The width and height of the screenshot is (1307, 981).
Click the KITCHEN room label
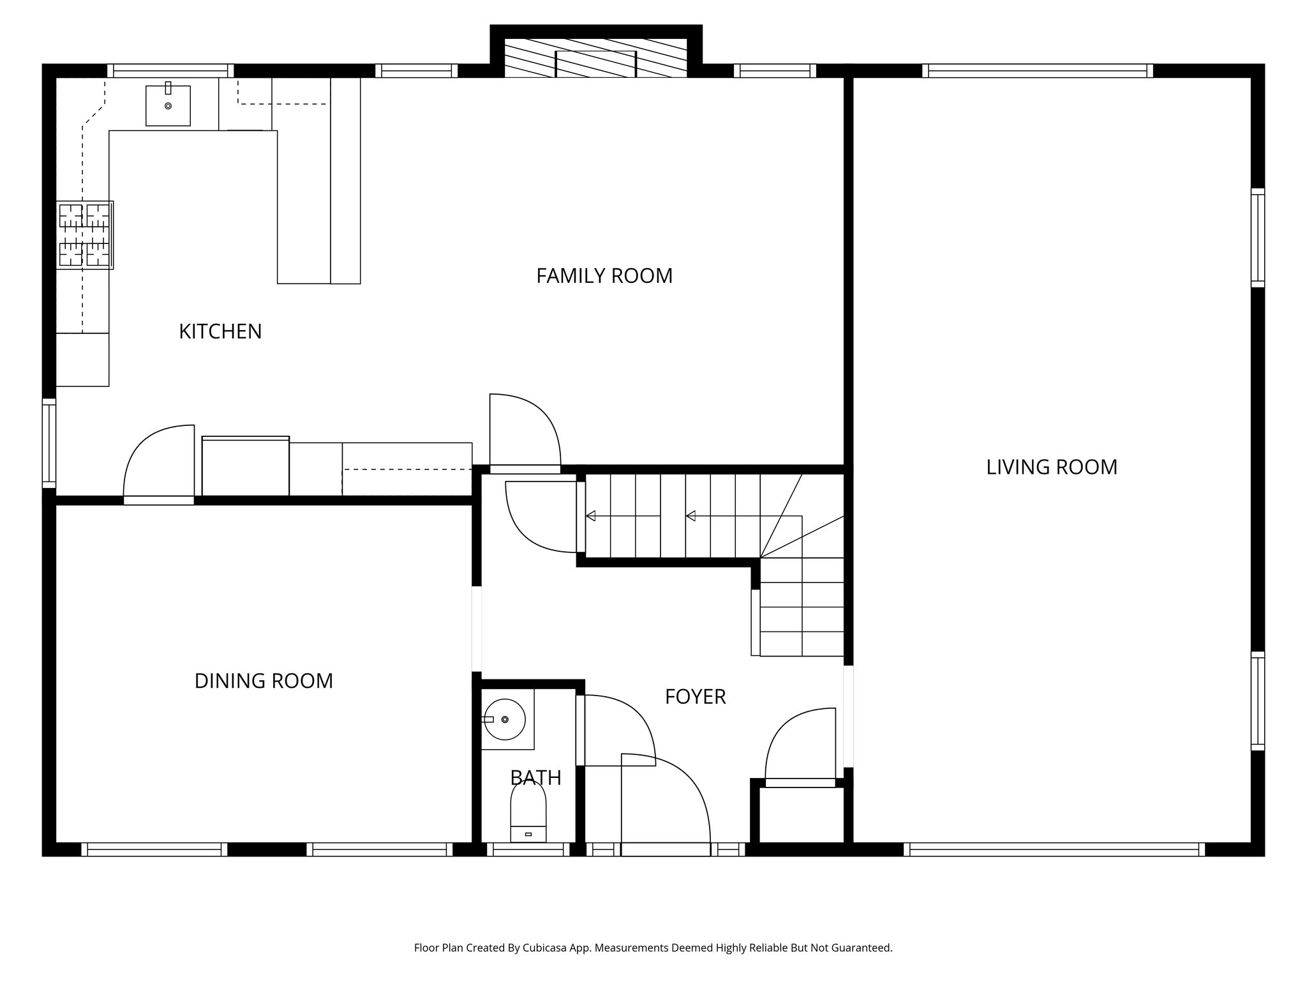[x=220, y=331]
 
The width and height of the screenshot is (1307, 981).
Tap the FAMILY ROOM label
[x=604, y=276]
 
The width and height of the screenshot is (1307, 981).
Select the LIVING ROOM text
[x=1051, y=468]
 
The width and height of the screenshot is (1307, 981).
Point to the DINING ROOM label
[x=264, y=681]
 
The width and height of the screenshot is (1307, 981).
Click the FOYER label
[x=695, y=697]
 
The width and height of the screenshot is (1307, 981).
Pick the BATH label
[x=535, y=778]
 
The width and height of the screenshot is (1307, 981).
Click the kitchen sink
[x=168, y=105]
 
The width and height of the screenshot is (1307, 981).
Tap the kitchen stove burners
[x=84, y=234]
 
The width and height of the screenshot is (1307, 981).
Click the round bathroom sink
[x=505, y=719]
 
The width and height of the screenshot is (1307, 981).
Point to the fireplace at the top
[x=595, y=58]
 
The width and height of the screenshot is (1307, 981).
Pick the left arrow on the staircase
[x=591, y=516]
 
